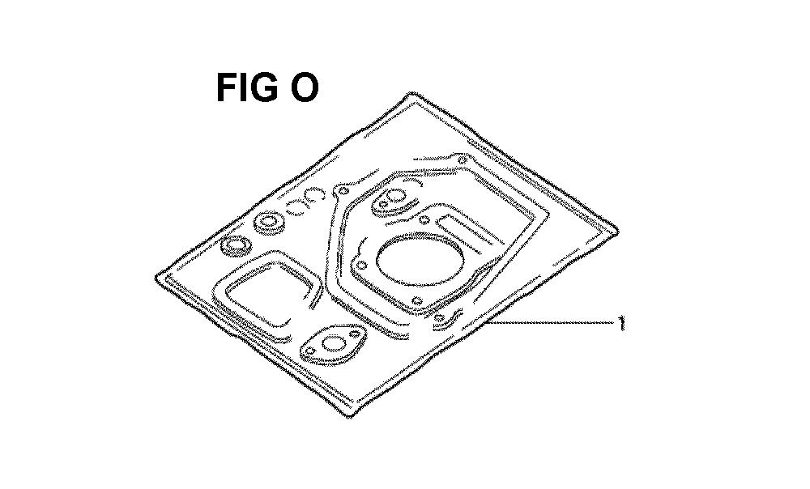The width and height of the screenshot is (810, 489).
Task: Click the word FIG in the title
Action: point(247,87)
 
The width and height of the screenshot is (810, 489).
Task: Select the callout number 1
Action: point(621,323)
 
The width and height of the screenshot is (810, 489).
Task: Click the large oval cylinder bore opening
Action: point(420,260)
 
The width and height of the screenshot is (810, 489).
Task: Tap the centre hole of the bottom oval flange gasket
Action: point(336,343)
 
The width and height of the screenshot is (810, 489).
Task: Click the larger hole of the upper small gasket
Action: point(396,196)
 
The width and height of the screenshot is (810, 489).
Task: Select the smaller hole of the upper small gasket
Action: point(383,205)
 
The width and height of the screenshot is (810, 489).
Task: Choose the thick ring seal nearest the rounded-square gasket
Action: point(236,245)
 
